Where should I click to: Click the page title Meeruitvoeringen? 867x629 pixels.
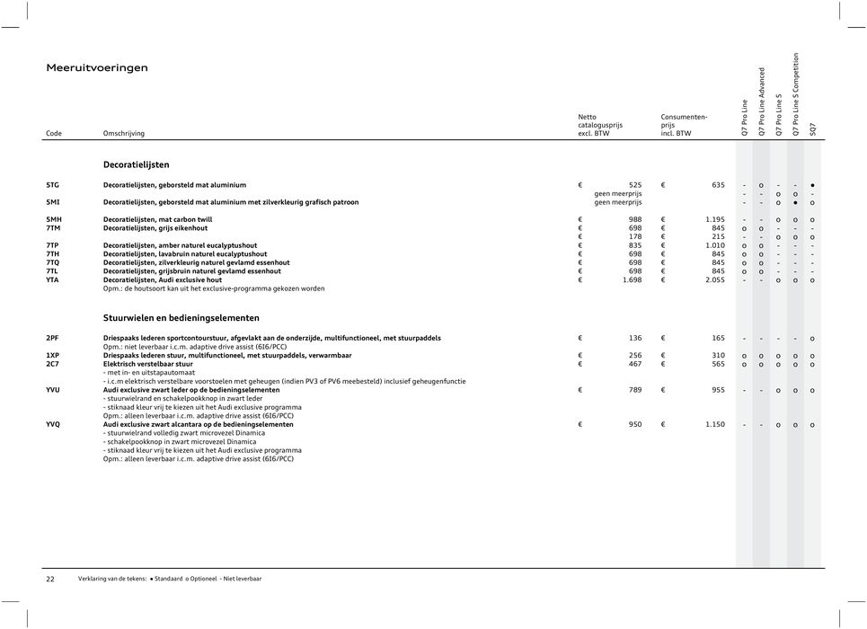[x=97, y=67]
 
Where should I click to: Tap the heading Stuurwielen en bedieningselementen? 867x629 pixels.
[x=181, y=317]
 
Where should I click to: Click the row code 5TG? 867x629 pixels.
[x=54, y=185]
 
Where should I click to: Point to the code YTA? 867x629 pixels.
[x=53, y=279]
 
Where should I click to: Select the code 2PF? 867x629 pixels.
[x=53, y=338]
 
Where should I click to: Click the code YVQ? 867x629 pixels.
[x=54, y=424]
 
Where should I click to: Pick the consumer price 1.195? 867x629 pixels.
[x=714, y=219]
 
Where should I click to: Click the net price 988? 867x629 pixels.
[x=634, y=219]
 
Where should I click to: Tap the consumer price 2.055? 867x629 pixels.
[x=714, y=279]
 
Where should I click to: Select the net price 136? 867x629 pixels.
[x=634, y=338]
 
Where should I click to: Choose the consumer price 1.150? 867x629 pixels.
[x=714, y=424]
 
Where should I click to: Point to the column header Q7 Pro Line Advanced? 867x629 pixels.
[x=761, y=102]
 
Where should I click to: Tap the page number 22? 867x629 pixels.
[x=50, y=579]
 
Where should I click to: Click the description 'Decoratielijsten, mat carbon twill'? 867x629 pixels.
[x=161, y=219]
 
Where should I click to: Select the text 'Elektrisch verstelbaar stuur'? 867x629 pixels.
[x=148, y=364]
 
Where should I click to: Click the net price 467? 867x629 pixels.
[x=634, y=364]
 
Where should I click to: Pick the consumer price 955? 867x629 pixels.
[x=718, y=390]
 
